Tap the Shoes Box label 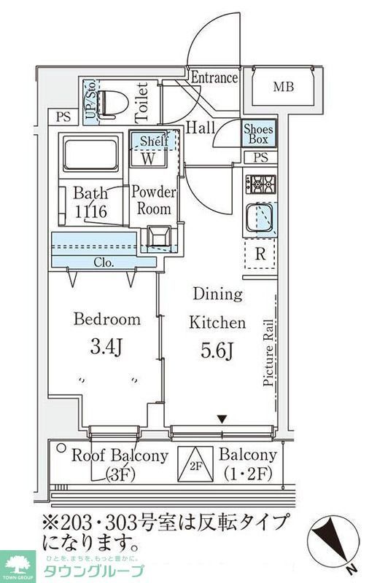pyautogui.click(x=258, y=133)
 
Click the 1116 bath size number pyautogui.click(x=91, y=212)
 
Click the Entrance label pyautogui.click(x=214, y=78)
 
